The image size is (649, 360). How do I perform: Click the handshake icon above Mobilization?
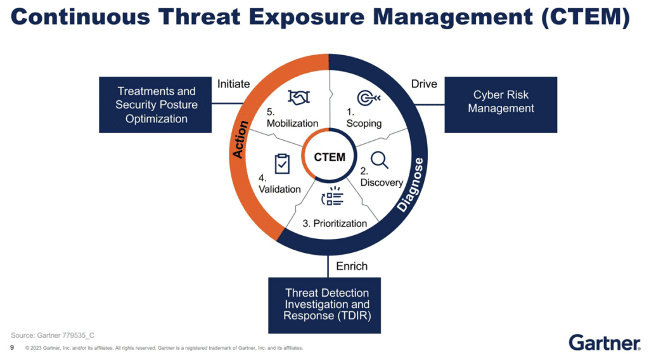(x=298, y=97)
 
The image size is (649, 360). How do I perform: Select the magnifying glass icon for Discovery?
(x=380, y=160)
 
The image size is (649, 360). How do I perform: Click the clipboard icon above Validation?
(x=281, y=164)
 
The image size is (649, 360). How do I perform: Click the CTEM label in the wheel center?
(x=330, y=157)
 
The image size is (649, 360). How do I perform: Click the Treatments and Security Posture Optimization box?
(x=156, y=105)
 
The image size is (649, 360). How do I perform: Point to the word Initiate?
(x=234, y=84)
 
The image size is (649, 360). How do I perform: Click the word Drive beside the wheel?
(x=424, y=84)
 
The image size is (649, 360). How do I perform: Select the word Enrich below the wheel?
(x=352, y=266)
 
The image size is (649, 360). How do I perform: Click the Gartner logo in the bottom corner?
(x=604, y=342)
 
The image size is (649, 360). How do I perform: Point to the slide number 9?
(x=12, y=347)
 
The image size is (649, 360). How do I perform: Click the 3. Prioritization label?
(x=335, y=223)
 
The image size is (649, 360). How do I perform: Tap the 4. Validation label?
(x=280, y=184)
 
